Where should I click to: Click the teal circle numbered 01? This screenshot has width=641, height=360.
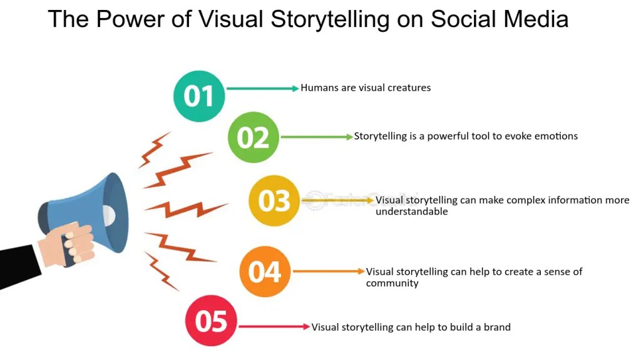(x=198, y=96)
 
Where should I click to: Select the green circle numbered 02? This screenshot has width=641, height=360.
(x=253, y=137)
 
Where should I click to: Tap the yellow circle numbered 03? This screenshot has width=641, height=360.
(x=274, y=201)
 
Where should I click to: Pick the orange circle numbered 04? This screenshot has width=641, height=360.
(x=265, y=272)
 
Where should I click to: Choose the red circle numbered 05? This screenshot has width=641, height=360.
(x=211, y=321)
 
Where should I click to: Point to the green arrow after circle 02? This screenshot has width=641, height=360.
(x=317, y=136)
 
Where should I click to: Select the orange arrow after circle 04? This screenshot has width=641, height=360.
(x=329, y=271)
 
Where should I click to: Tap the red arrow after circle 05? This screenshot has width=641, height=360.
(x=274, y=326)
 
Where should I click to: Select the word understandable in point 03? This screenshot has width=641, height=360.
(x=411, y=212)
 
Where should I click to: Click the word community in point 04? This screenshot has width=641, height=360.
(x=392, y=283)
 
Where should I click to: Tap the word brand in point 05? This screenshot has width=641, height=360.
(x=498, y=327)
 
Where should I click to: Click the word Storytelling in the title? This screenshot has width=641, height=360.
(x=330, y=19)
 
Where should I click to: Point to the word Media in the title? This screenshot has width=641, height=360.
(x=536, y=19)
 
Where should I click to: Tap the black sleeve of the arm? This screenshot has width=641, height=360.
(x=19, y=266)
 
